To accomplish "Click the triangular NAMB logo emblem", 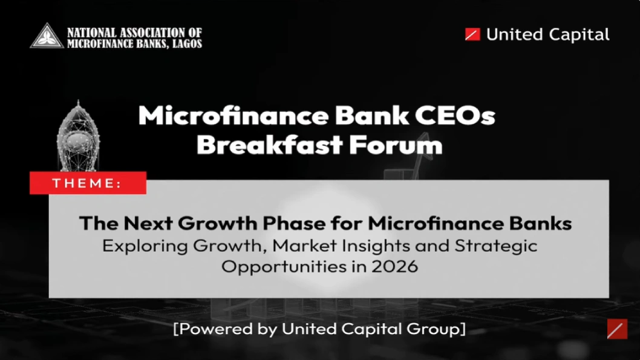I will pos(47,36).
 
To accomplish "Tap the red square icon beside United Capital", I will pos(472,34).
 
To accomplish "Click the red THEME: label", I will pos(88,183).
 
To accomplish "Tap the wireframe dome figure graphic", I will pos(78,136).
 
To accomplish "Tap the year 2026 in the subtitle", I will pos(396,266).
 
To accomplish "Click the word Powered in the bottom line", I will pos(212,329).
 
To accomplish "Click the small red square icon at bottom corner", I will pos(617,329).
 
